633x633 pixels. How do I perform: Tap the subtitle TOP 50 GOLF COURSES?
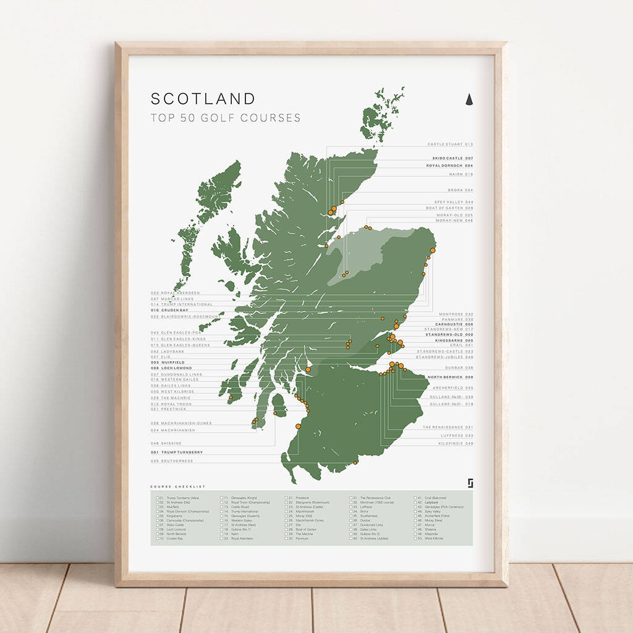[226, 118]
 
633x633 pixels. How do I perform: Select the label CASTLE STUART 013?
[450, 144]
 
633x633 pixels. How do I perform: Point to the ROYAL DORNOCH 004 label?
[450, 166]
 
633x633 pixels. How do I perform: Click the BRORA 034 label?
[460, 190]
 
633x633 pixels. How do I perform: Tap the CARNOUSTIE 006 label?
[454, 324]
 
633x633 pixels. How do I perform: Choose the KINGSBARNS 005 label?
[453, 341]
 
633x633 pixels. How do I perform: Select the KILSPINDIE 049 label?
[456, 443]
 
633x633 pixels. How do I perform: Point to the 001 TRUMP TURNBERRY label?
[176, 452]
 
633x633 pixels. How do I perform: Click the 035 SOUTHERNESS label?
[171, 461]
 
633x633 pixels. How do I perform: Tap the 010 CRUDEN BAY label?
[169, 310]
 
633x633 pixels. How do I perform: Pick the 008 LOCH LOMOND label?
[171, 368]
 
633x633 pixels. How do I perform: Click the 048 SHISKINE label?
[166, 443]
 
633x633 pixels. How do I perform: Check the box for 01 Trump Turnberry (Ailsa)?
[158, 498]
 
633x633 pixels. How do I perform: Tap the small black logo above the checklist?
[470, 483]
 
